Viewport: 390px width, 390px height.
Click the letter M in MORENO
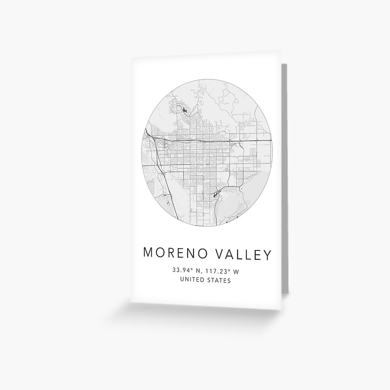click(149, 254)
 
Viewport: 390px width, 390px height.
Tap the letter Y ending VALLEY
click(267, 254)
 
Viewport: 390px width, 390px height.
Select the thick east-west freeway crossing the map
click(218, 140)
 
